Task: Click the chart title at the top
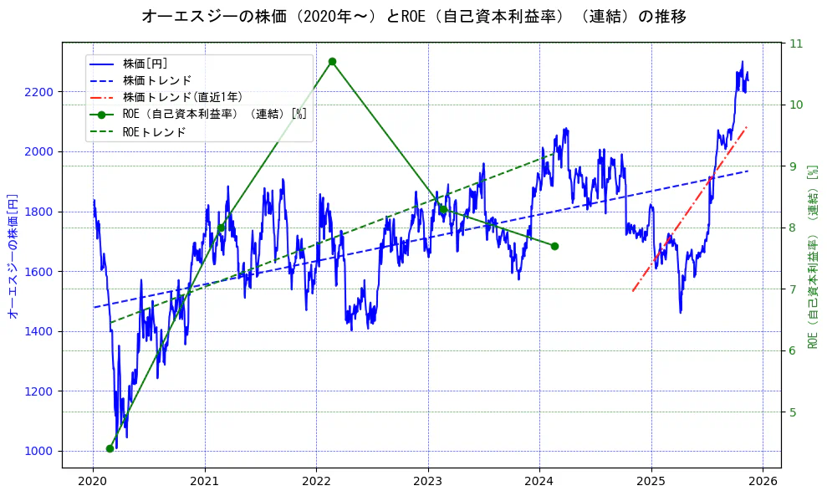pos(413,16)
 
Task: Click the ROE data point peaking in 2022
pos(332,61)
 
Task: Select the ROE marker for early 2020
pos(110,448)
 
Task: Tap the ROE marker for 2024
pos(554,246)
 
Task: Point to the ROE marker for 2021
pos(221,228)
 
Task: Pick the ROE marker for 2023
pos(443,209)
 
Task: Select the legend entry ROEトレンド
pos(154,132)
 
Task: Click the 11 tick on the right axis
pos(796,43)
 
